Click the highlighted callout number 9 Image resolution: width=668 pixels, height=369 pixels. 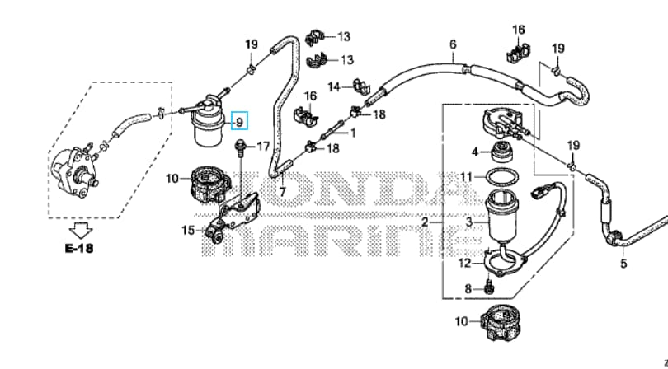tap(239, 122)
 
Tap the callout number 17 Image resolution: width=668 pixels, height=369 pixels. tap(263, 147)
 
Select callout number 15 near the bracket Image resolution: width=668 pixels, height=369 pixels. tap(188, 230)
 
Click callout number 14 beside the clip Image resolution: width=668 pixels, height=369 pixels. tap(334, 86)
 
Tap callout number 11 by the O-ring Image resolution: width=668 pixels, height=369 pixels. tap(466, 177)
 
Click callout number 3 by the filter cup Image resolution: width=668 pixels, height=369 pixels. tap(470, 222)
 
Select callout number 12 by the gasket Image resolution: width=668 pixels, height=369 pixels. tap(465, 263)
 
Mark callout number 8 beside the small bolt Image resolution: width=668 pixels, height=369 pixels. tap(468, 288)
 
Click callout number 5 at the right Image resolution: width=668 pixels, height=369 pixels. tap(623, 264)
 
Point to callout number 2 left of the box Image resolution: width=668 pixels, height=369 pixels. tap(426, 222)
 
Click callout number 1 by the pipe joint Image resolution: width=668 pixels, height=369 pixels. tap(353, 132)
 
